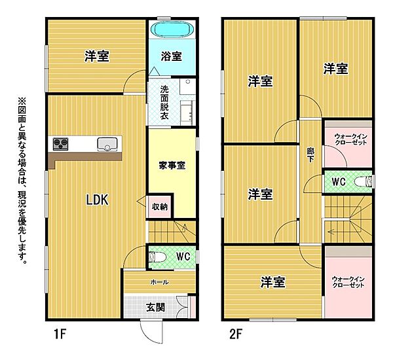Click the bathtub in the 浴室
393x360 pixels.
(171, 30)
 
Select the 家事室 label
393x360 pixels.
(172, 165)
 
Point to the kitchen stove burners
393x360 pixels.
(62, 144)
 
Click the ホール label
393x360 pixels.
(159, 282)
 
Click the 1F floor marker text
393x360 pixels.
(61, 335)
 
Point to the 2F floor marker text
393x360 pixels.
(235, 335)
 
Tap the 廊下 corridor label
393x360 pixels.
(310, 154)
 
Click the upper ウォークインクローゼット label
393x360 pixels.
(348, 138)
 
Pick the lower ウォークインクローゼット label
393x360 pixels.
(348, 283)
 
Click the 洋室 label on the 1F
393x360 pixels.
(96, 56)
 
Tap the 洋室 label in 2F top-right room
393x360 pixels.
(335, 68)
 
